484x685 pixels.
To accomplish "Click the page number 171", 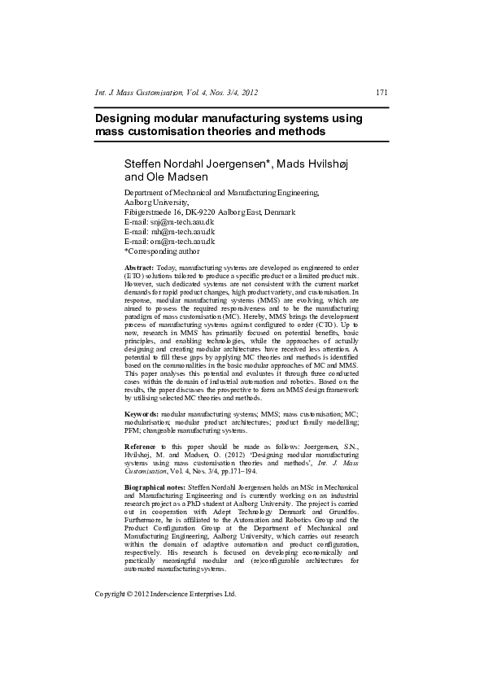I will [382, 92].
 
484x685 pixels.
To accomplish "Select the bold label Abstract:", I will [138, 268].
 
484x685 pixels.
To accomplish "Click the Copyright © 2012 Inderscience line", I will [166, 594].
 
